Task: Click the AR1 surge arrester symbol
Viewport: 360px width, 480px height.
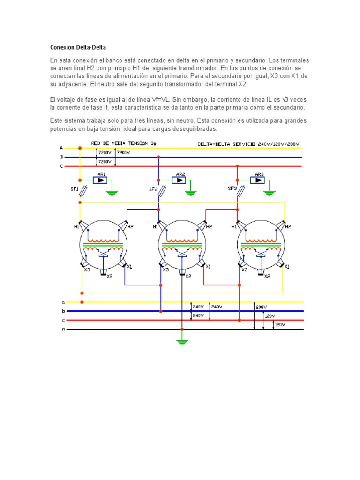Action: tap(100, 180)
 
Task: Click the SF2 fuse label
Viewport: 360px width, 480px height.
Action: tap(153, 189)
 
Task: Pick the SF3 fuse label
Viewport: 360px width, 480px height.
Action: tap(232, 188)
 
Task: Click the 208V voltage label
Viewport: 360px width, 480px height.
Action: tap(262, 307)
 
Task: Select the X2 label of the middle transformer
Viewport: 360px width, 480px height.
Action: tap(188, 276)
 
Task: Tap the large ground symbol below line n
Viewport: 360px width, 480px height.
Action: tap(182, 343)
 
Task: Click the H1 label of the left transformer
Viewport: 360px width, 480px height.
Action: tap(76, 226)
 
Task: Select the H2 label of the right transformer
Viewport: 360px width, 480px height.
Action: tap(287, 226)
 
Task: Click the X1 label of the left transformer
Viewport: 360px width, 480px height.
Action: tap(129, 267)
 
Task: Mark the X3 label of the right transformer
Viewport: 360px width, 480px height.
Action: tap(244, 270)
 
